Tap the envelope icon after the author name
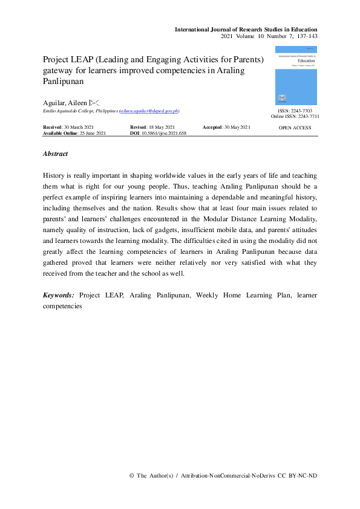tap(94, 103)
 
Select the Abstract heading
tap(55, 154)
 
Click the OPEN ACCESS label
tap(295, 128)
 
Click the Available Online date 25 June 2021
tap(92, 132)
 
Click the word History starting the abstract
tap(56, 173)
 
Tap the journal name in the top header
tap(245, 29)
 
